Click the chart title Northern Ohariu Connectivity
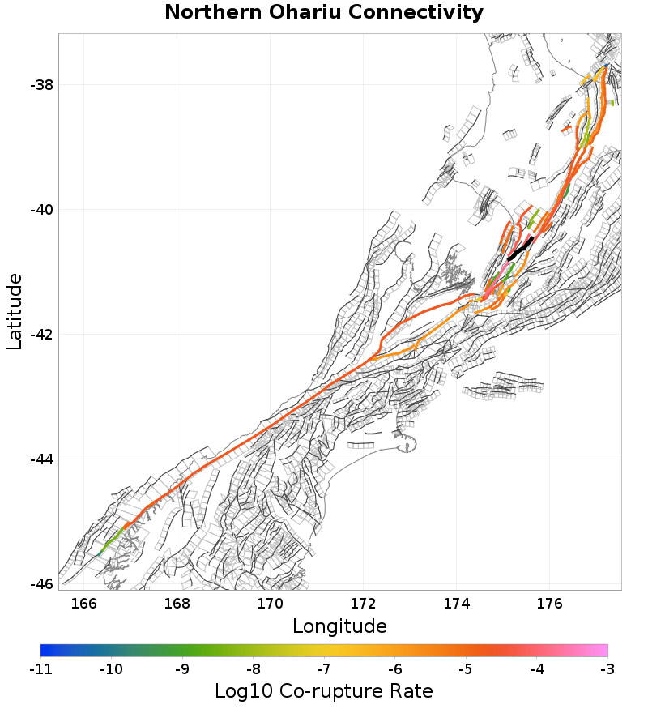click(x=324, y=13)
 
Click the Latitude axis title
click(x=15, y=311)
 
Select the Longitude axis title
click(x=339, y=626)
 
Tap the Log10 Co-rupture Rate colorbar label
click(x=324, y=691)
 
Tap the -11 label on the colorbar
click(x=40, y=669)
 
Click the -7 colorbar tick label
click(x=324, y=669)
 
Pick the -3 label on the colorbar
click(x=607, y=669)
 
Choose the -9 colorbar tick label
click(x=182, y=669)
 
